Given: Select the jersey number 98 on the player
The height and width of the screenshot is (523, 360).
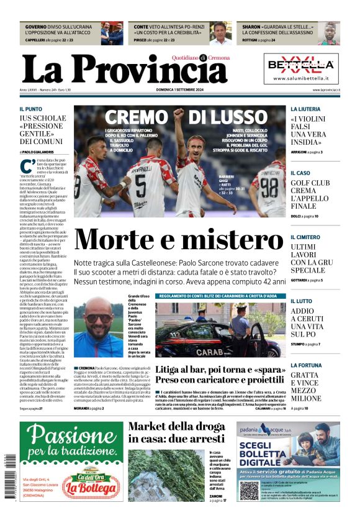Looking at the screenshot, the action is tap(269, 184).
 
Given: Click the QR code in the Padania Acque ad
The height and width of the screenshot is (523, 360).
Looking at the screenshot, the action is tap(250, 491).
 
